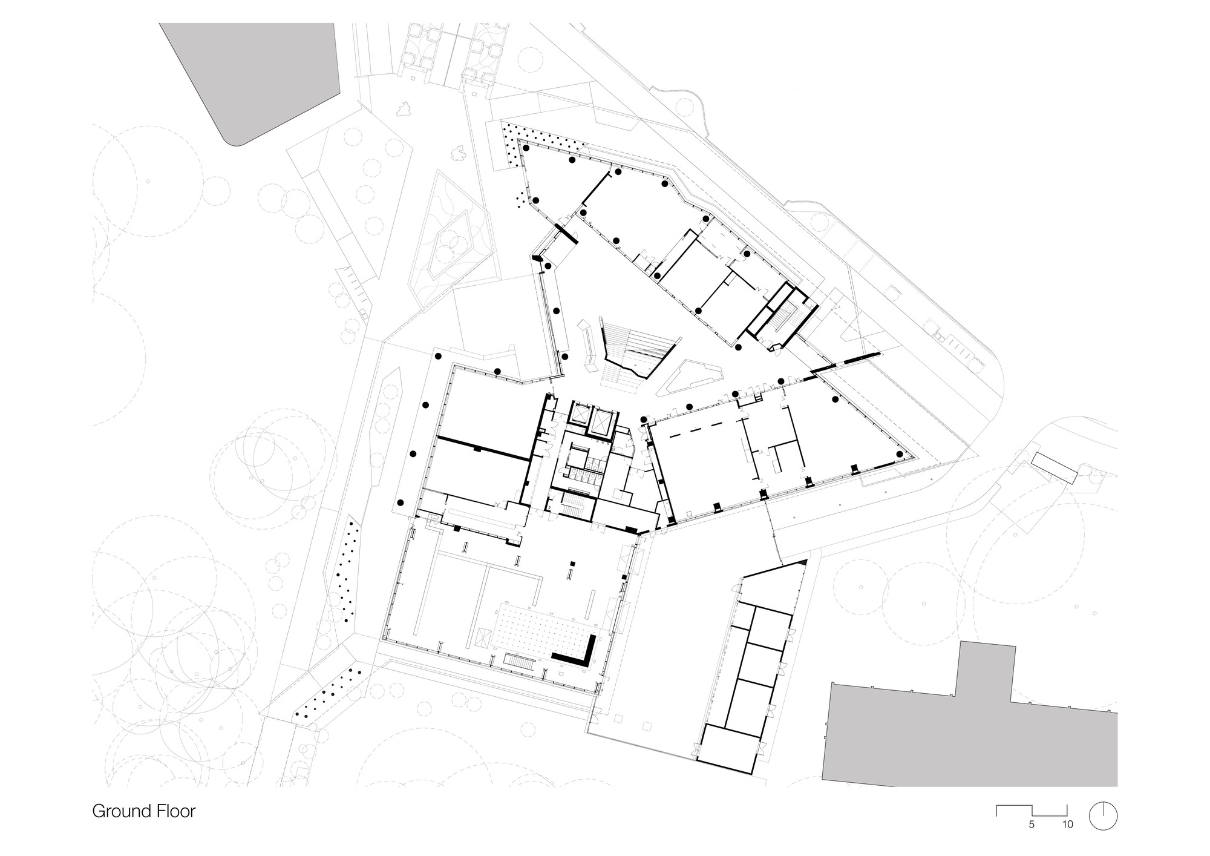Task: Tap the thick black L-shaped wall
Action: [578, 654]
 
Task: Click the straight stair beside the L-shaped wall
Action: [521, 660]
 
